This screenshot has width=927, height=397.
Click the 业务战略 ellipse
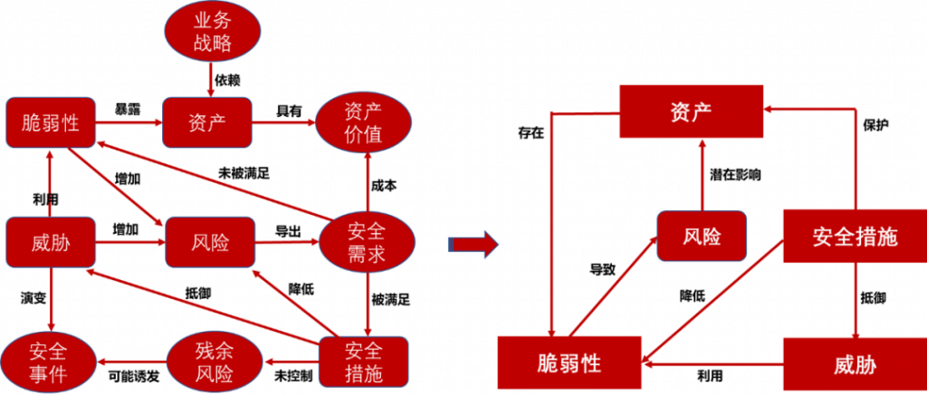(212, 33)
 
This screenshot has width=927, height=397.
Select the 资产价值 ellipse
(363, 123)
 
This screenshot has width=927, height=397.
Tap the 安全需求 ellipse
(367, 243)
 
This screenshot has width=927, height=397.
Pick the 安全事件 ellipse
(47, 362)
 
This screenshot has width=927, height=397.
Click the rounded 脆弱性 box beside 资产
(51, 122)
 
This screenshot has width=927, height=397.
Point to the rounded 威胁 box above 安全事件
(51, 243)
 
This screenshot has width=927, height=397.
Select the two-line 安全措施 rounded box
(363, 362)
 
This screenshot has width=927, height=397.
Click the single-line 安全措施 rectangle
(854, 237)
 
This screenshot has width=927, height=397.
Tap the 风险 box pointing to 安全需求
(210, 243)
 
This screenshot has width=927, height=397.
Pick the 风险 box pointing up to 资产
(702, 237)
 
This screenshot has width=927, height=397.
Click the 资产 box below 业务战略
(207, 122)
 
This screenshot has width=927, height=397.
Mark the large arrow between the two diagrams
(474, 243)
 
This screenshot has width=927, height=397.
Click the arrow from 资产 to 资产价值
(282, 122)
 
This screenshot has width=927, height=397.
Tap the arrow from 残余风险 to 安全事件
(130, 363)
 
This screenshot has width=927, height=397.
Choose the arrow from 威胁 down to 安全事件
(51, 299)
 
